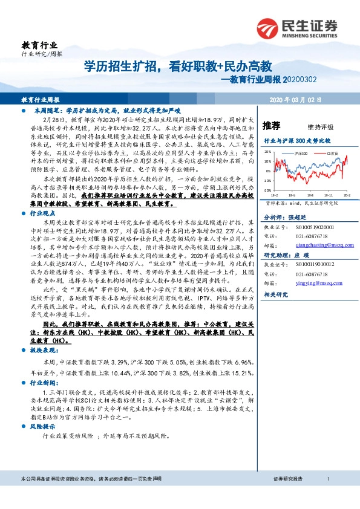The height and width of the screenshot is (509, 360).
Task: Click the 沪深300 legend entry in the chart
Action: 301,155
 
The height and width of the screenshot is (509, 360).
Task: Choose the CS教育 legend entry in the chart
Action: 330,155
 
